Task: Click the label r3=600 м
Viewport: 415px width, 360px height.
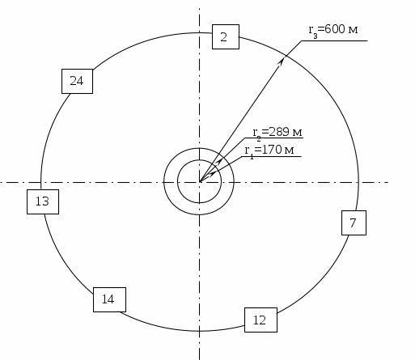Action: click(x=333, y=31)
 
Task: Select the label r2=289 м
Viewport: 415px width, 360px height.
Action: click(x=277, y=133)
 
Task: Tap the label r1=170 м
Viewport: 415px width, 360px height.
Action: click(x=269, y=151)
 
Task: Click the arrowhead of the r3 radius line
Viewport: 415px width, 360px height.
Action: click(x=282, y=61)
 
